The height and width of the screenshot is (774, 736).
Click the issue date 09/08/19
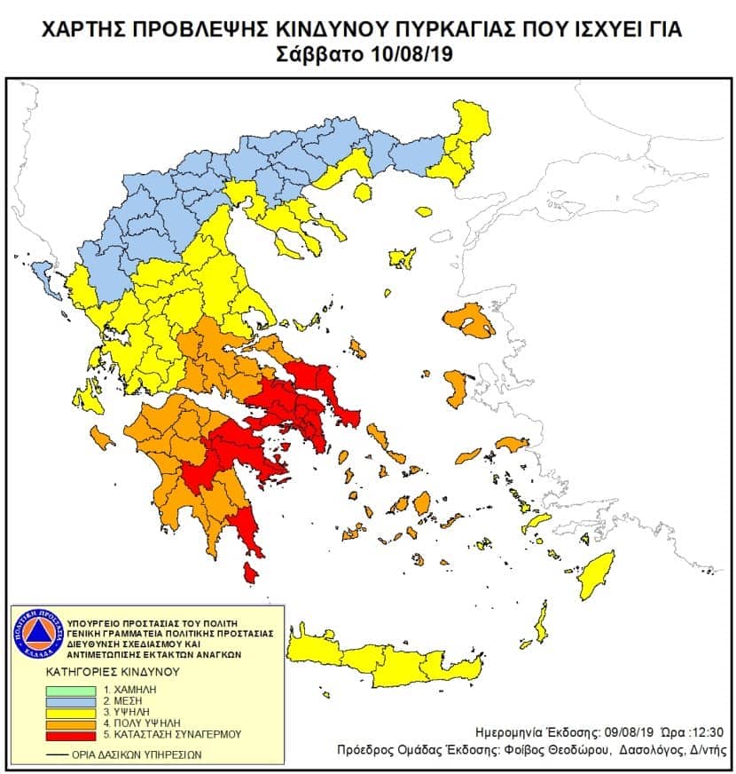click(x=612, y=732)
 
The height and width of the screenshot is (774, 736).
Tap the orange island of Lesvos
click(x=470, y=320)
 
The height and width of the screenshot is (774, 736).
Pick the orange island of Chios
click(x=458, y=389)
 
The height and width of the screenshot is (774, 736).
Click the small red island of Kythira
click(x=251, y=576)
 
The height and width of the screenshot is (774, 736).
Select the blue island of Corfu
click(x=40, y=282)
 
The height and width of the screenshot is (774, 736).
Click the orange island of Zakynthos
click(x=103, y=438)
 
